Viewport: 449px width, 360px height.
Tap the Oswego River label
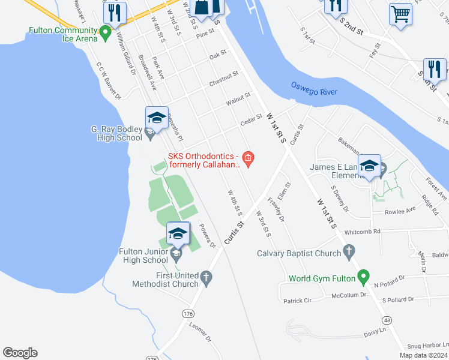click(314, 89)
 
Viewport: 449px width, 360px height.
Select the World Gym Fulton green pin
click(363, 277)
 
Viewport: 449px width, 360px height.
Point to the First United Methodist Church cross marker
click(206, 277)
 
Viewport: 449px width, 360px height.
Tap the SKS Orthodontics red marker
click(249, 158)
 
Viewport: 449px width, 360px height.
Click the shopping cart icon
click(400, 13)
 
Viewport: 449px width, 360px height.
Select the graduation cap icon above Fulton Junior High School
click(178, 234)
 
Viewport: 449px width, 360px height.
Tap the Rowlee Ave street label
click(400, 211)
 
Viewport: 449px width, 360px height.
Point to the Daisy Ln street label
click(374, 332)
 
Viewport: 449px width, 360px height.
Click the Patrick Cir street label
click(298, 301)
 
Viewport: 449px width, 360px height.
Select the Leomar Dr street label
click(200, 331)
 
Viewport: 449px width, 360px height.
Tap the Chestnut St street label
click(224, 77)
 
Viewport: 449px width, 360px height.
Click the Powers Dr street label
click(207, 236)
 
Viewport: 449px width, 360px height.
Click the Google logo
click(20, 353)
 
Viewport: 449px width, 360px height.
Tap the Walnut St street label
click(238, 97)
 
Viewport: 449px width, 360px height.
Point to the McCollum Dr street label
click(351, 295)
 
